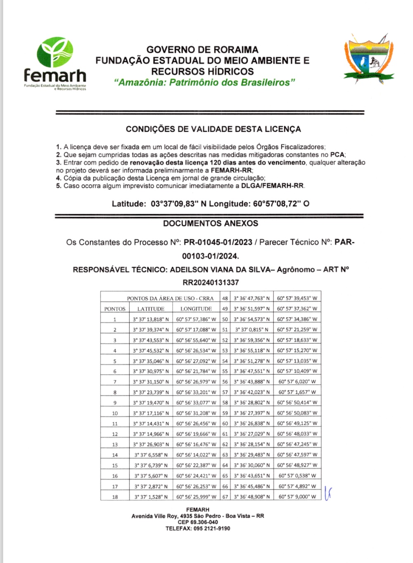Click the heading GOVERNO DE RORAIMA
(x=202, y=50)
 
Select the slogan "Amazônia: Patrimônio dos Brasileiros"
(x=204, y=82)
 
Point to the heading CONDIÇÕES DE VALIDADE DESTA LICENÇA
(x=213, y=129)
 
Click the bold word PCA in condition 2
(x=337, y=155)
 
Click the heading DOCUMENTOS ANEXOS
(x=211, y=223)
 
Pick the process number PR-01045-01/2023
(x=218, y=242)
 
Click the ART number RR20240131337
(x=211, y=283)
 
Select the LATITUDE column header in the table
(x=151, y=309)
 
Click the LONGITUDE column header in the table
(x=196, y=309)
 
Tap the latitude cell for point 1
(x=151, y=319)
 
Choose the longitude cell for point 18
(x=196, y=497)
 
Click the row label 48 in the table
(x=225, y=298)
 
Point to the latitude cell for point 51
(x=252, y=329)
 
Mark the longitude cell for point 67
(x=297, y=497)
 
